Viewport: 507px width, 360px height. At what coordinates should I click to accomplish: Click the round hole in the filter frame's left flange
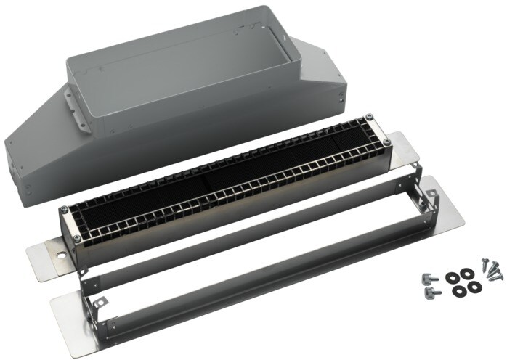[54, 255]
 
